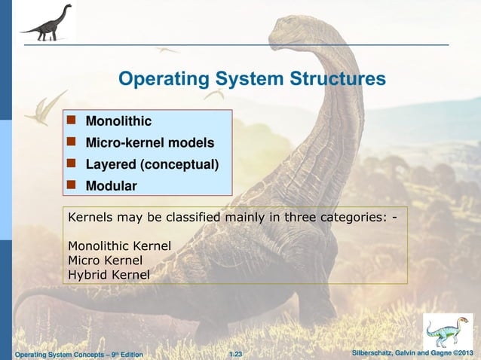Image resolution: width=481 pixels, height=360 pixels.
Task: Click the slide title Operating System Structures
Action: click(x=253, y=79)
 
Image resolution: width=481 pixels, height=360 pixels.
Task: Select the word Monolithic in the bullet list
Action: click(x=118, y=121)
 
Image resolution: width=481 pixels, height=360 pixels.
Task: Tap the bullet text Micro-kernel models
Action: click(x=149, y=143)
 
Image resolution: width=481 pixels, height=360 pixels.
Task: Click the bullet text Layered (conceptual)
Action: click(x=152, y=164)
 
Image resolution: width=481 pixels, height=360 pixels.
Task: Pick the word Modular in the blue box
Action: click(x=111, y=186)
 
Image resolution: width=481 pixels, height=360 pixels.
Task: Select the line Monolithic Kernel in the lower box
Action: click(x=119, y=246)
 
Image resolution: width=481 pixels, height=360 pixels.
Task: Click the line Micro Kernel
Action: click(x=105, y=260)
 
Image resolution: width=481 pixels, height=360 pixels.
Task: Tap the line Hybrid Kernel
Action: click(x=109, y=275)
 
